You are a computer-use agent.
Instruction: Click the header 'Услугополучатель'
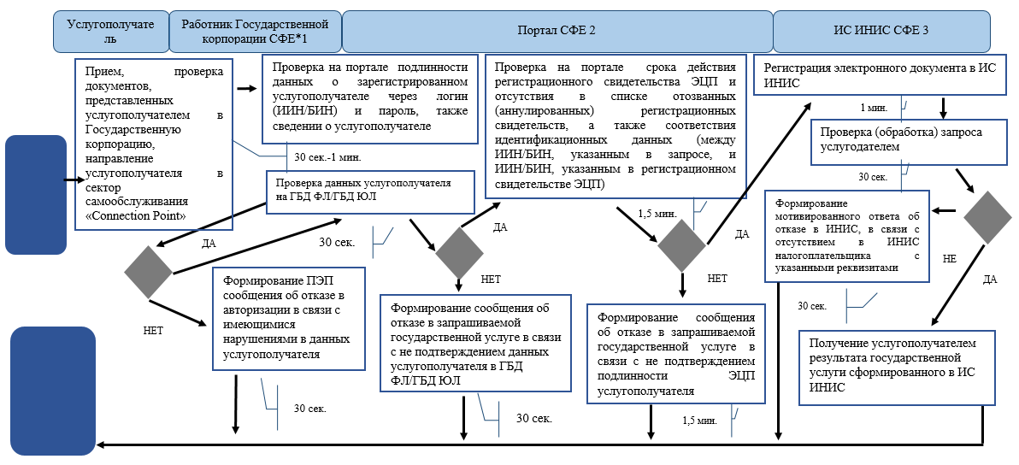[x=111, y=32]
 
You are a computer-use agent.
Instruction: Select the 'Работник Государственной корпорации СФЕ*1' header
[x=256, y=32]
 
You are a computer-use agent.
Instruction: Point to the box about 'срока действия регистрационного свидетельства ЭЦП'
[x=614, y=127]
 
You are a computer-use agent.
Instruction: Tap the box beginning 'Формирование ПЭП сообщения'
[x=289, y=318]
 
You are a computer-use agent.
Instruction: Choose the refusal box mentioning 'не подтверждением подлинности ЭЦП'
[x=676, y=352]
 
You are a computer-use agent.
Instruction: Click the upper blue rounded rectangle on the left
[x=35, y=194]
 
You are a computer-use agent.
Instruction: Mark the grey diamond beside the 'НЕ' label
[x=987, y=218]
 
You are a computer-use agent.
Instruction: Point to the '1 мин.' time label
[x=874, y=109]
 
